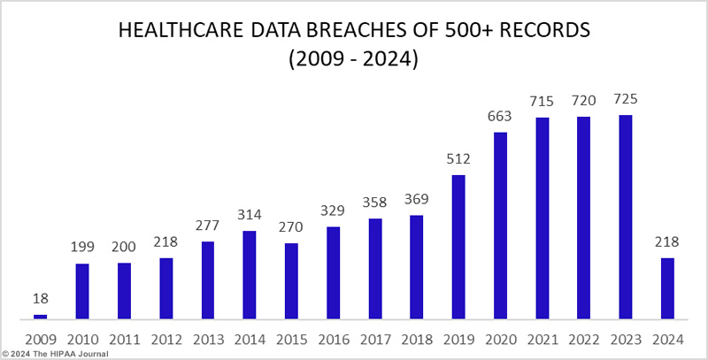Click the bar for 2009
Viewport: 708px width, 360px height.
click(x=40, y=316)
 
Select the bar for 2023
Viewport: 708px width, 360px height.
click(x=626, y=217)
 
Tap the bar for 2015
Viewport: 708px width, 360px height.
click(x=291, y=280)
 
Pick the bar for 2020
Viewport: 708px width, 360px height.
click(x=500, y=226)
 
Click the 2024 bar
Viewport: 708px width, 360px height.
click(x=667, y=288)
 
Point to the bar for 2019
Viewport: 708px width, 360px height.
click(x=458, y=247)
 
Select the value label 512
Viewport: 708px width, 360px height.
click(x=458, y=160)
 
